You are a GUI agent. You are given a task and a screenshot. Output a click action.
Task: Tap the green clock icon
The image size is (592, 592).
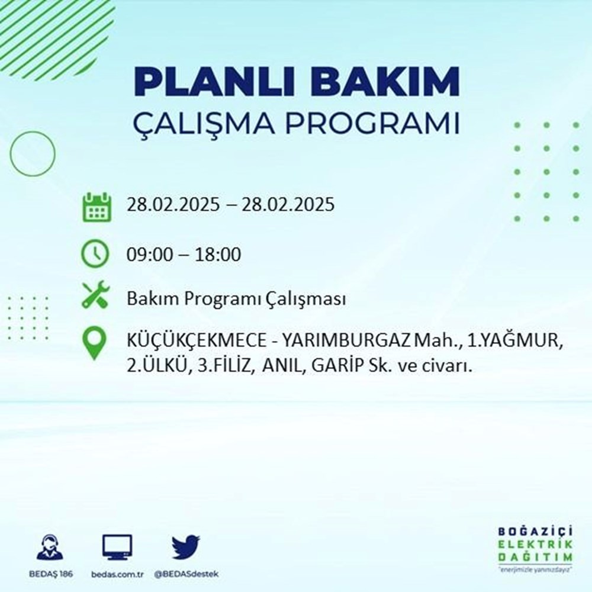tap(95, 255)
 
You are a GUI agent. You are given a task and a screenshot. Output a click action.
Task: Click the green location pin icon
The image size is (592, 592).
tap(95, 344)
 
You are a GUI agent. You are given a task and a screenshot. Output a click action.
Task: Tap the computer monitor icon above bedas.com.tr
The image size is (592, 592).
tap(117, 547)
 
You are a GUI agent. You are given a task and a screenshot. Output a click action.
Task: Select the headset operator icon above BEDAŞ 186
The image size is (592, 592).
tap(50, 547)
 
